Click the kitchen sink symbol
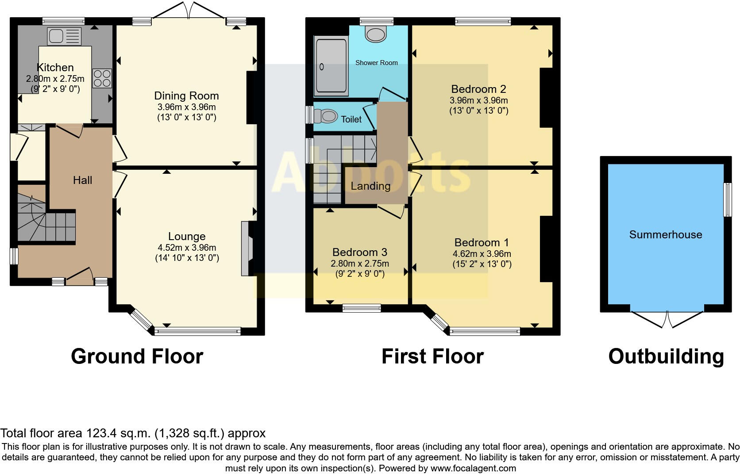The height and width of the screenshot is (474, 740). [x=64, y=36]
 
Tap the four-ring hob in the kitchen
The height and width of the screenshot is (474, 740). [x=102, y=78]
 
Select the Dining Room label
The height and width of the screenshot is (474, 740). [x=186, y=96]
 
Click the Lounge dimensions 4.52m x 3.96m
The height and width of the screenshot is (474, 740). [x=187, y=248]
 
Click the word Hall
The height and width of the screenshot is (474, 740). [x=82, y=180]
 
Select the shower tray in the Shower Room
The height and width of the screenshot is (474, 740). [x=331, y=66]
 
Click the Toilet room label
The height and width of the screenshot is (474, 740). [x=351, y=119]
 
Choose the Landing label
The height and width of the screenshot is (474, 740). [x=370, y=186]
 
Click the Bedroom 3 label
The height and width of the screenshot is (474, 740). [x=359, y=252]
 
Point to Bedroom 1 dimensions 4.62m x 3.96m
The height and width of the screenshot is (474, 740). [x=482, y=254]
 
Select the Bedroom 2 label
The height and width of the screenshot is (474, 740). [x=478, y=89]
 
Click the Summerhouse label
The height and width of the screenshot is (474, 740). [x=666, y=234]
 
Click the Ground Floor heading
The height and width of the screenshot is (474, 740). [x=137, y=356]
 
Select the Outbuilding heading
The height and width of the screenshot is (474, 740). [x=666, y=356]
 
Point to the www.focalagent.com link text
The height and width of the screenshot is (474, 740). [x=473, y=468]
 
